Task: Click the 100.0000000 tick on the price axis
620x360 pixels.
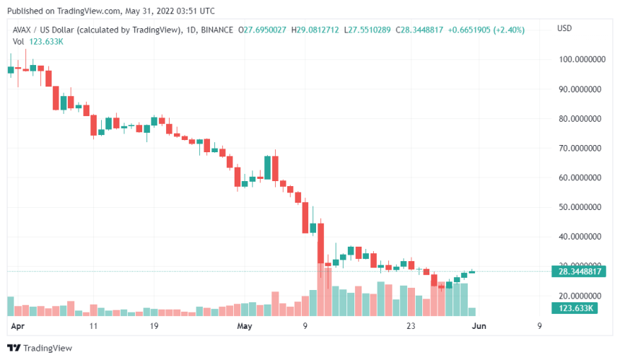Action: tap(581, 60)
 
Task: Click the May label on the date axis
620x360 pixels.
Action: tap(245, 326)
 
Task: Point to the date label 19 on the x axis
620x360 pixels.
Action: tap(154, 326)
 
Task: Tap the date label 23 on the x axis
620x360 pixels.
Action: tap(411, 326)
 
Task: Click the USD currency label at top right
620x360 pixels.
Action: tap(565, 28)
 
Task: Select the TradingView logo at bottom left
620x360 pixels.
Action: tap(40, 347)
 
